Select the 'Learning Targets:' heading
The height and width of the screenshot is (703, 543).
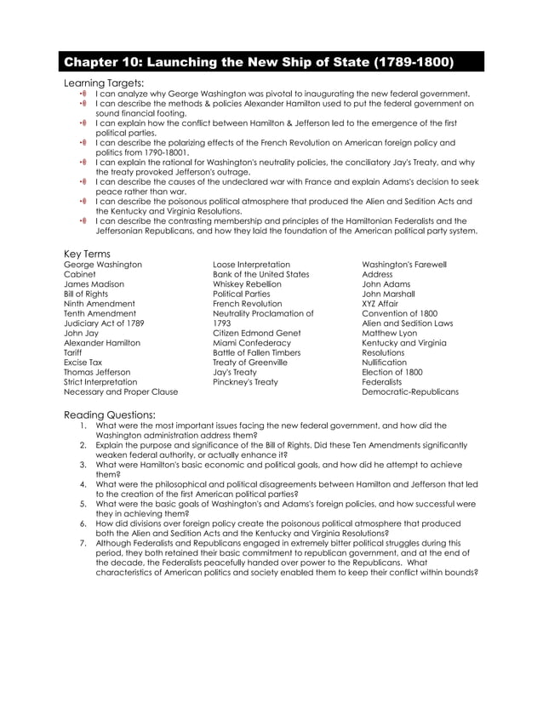pos(104,83)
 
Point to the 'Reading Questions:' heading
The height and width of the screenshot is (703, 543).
pos(109,414)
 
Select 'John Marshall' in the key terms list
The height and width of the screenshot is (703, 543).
pos(389,294)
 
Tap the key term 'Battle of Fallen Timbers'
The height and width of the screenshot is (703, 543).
pos(257,352)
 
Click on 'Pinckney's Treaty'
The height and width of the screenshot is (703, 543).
pos(245,382)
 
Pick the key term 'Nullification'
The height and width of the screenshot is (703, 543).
pos(385,363)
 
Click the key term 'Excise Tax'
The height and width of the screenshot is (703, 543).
pos(83,363)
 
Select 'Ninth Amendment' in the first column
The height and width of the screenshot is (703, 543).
pos(99,304)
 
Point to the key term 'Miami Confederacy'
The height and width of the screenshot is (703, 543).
pos(251,343)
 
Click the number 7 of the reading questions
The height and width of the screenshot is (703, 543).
pos(83,542)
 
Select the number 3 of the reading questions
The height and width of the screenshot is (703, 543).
pos(83,465)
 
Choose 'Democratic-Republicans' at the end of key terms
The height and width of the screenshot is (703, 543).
pos(410,392)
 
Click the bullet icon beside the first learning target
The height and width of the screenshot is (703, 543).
pos(83,94)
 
